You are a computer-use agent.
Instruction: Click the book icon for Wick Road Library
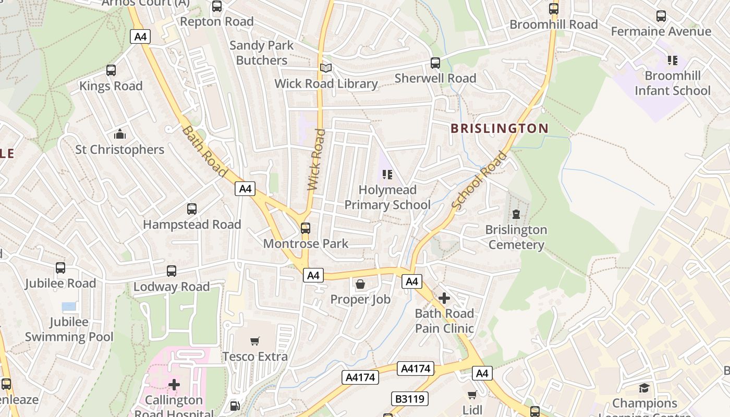coord(326,68)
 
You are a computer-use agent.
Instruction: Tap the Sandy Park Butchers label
coord(262,53)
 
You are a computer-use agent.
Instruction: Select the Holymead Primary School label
coord(387,197)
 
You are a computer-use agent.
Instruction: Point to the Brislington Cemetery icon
coord(516,214)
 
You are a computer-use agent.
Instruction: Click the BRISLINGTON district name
coord(500,128)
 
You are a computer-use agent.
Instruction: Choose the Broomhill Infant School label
coord(672,83)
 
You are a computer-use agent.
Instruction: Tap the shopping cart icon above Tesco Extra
coord(255,341)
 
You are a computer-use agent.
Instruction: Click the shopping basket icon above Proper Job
coord(360,284)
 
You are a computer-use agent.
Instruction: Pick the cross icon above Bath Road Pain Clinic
coord(444,298)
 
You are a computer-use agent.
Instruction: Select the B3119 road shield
coord(409,399)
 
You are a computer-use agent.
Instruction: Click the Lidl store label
coord(472,410)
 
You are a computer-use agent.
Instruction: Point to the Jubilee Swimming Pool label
coord(69,329)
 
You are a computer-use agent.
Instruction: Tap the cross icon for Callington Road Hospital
coord(174,385)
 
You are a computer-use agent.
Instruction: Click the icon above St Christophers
coord(120,134)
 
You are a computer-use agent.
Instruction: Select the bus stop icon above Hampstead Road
coord(192,209)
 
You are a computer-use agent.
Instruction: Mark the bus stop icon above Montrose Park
coord(306,228)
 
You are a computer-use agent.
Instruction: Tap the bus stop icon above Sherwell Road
coord(435,63)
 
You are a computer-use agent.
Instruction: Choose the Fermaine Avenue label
coord(661,31)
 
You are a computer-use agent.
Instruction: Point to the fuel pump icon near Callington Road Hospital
coord(235,405)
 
